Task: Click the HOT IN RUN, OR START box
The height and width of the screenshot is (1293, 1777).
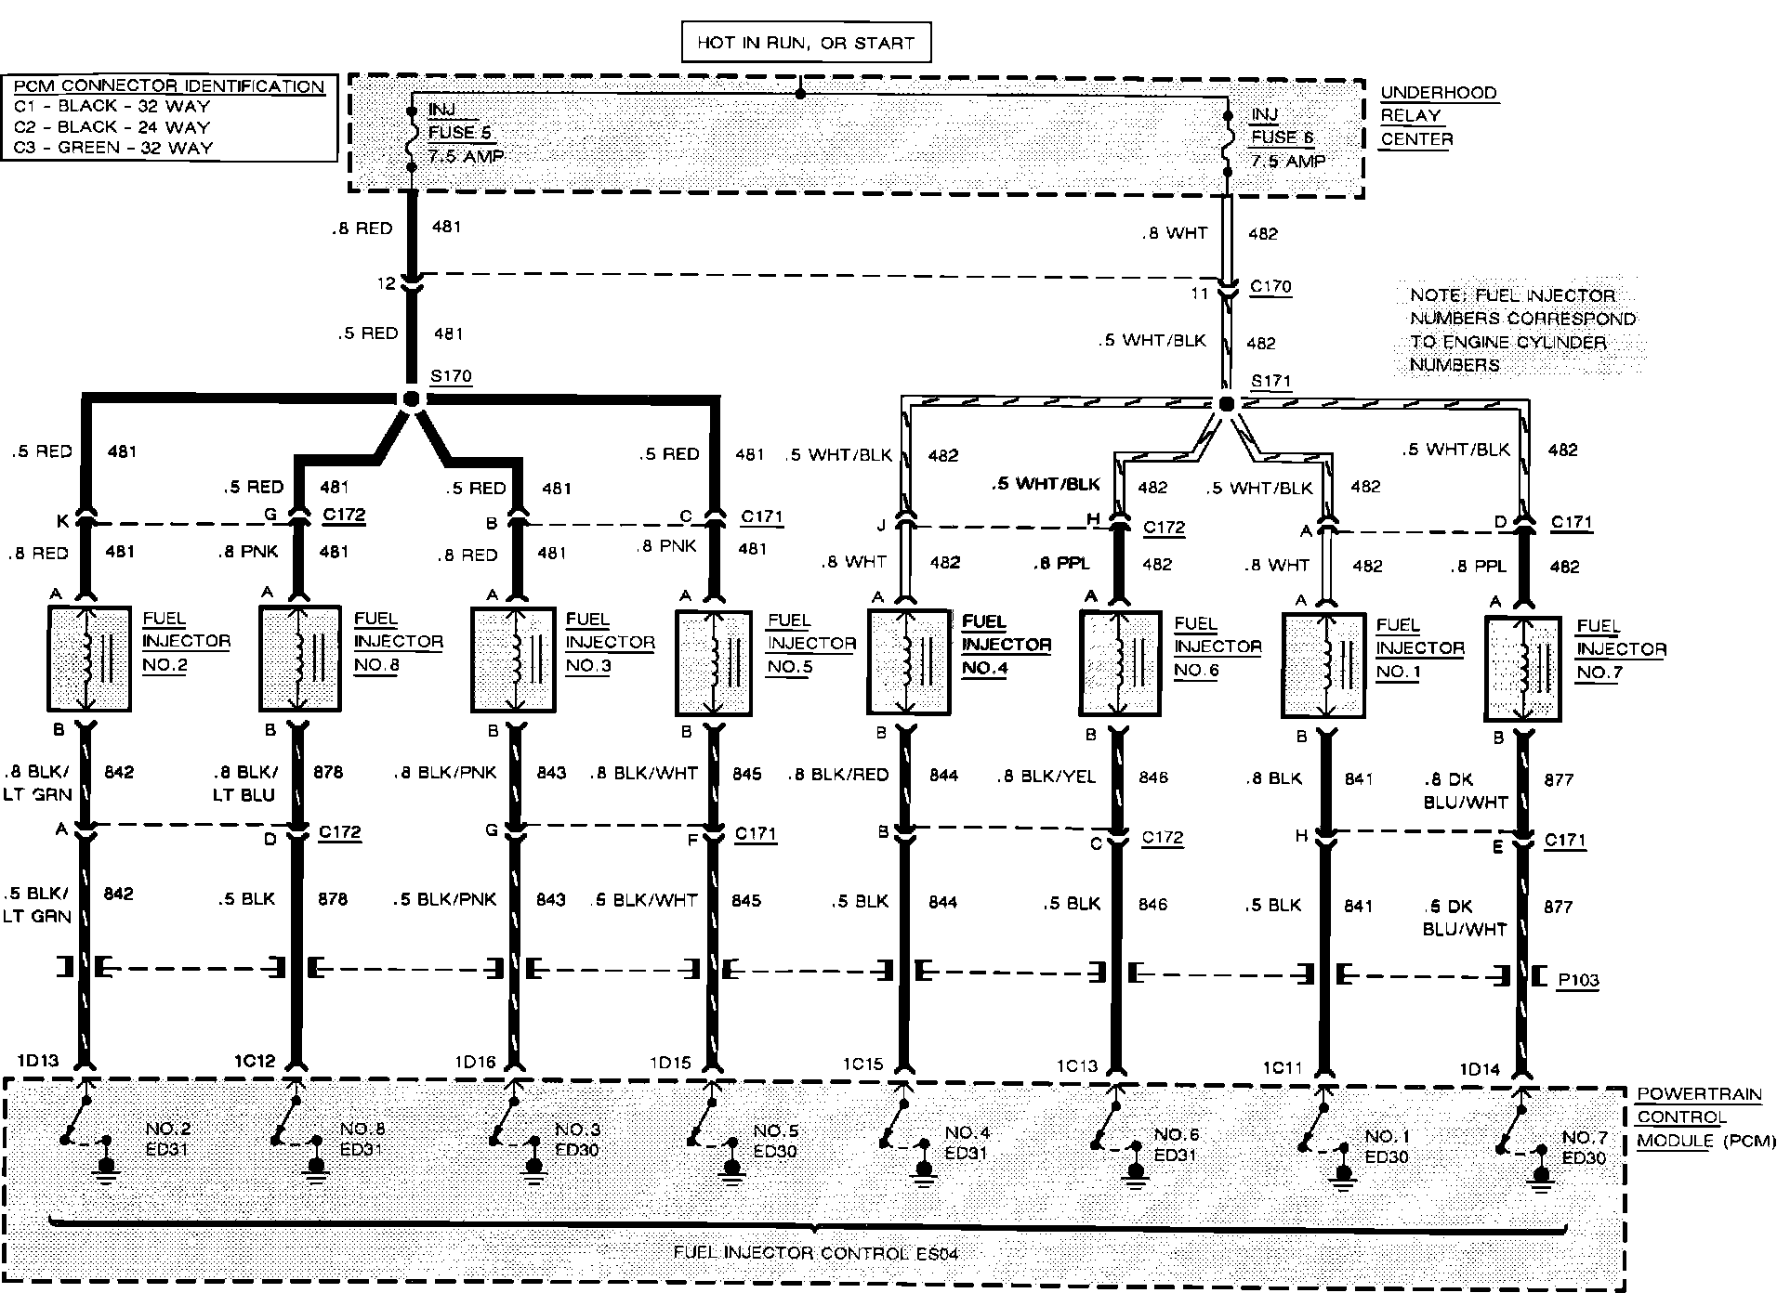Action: coord(806,43)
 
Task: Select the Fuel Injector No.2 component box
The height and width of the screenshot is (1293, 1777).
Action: coord(88,658)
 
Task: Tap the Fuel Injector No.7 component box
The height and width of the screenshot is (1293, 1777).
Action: coord(1522,669)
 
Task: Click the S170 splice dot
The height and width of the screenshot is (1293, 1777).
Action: coord(412,398)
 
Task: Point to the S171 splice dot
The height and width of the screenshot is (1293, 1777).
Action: coord(1226,404)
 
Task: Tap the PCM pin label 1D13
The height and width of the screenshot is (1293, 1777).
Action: coord(37,1060)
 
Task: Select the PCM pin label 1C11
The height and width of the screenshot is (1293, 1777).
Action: coord(1283,1068)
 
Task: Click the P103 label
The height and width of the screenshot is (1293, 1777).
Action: coord(1577,979)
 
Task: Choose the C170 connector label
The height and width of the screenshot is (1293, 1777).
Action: coord(1270,287)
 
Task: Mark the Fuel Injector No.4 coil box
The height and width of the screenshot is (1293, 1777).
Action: coord(909,661)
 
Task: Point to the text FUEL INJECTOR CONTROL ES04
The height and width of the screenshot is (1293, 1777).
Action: coord(815,1253)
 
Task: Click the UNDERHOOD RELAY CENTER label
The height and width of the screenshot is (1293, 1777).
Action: coord(1416,116)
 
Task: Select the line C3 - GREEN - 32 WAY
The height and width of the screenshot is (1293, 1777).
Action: coord(113,148)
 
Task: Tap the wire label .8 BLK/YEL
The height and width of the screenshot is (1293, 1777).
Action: coord(1046,777)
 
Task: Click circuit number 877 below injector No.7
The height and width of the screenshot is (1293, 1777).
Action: coord(1559,779)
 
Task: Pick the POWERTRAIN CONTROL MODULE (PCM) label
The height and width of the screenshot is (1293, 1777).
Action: coord(1705,1117)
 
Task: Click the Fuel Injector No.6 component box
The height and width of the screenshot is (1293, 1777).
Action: coord(1121,663)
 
